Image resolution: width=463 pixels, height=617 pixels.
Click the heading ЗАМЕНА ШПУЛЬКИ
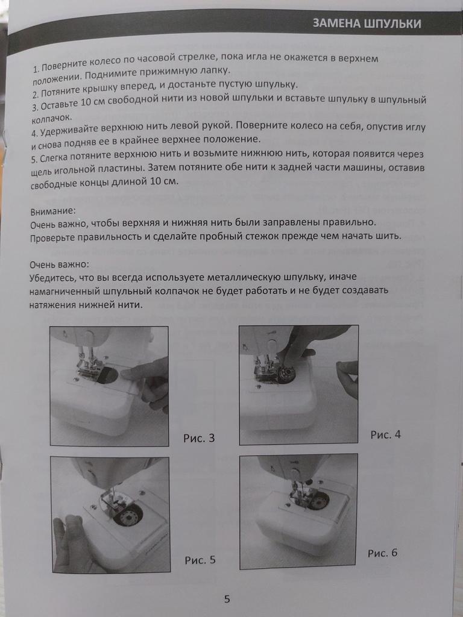[367, 23]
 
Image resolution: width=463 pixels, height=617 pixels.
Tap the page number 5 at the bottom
[227, 600]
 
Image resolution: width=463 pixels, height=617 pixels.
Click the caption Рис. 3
[199, 438]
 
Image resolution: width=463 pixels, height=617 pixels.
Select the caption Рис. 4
[385, 434]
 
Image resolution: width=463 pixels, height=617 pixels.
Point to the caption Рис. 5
[200, 560]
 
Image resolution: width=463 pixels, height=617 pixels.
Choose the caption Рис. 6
[383, 553]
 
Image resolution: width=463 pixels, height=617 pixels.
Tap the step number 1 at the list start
[35, 69]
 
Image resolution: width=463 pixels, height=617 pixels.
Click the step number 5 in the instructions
[34, 159]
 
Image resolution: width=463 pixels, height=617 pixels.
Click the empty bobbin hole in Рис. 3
[107, 375]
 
